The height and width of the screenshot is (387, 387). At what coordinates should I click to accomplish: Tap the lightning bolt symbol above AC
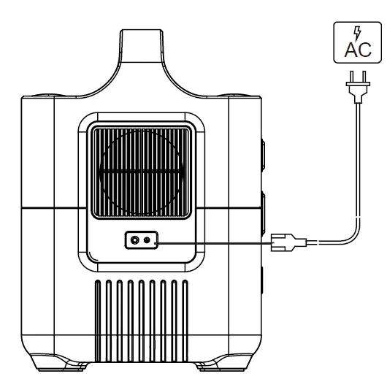(356, 33)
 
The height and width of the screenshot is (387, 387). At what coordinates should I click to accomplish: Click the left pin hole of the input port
(134, 240)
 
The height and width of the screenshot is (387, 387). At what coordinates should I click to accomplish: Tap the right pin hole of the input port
(147, 240)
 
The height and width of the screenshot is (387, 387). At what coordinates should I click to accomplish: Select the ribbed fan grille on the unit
(141, 169)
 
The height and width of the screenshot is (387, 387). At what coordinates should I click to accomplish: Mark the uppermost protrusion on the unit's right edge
(262, 157)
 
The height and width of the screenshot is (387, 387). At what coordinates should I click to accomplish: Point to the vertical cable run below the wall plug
(356, 161)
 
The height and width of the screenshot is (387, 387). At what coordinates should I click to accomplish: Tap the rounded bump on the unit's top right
(240, 94)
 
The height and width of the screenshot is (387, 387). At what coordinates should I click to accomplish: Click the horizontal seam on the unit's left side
(51, 209)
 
